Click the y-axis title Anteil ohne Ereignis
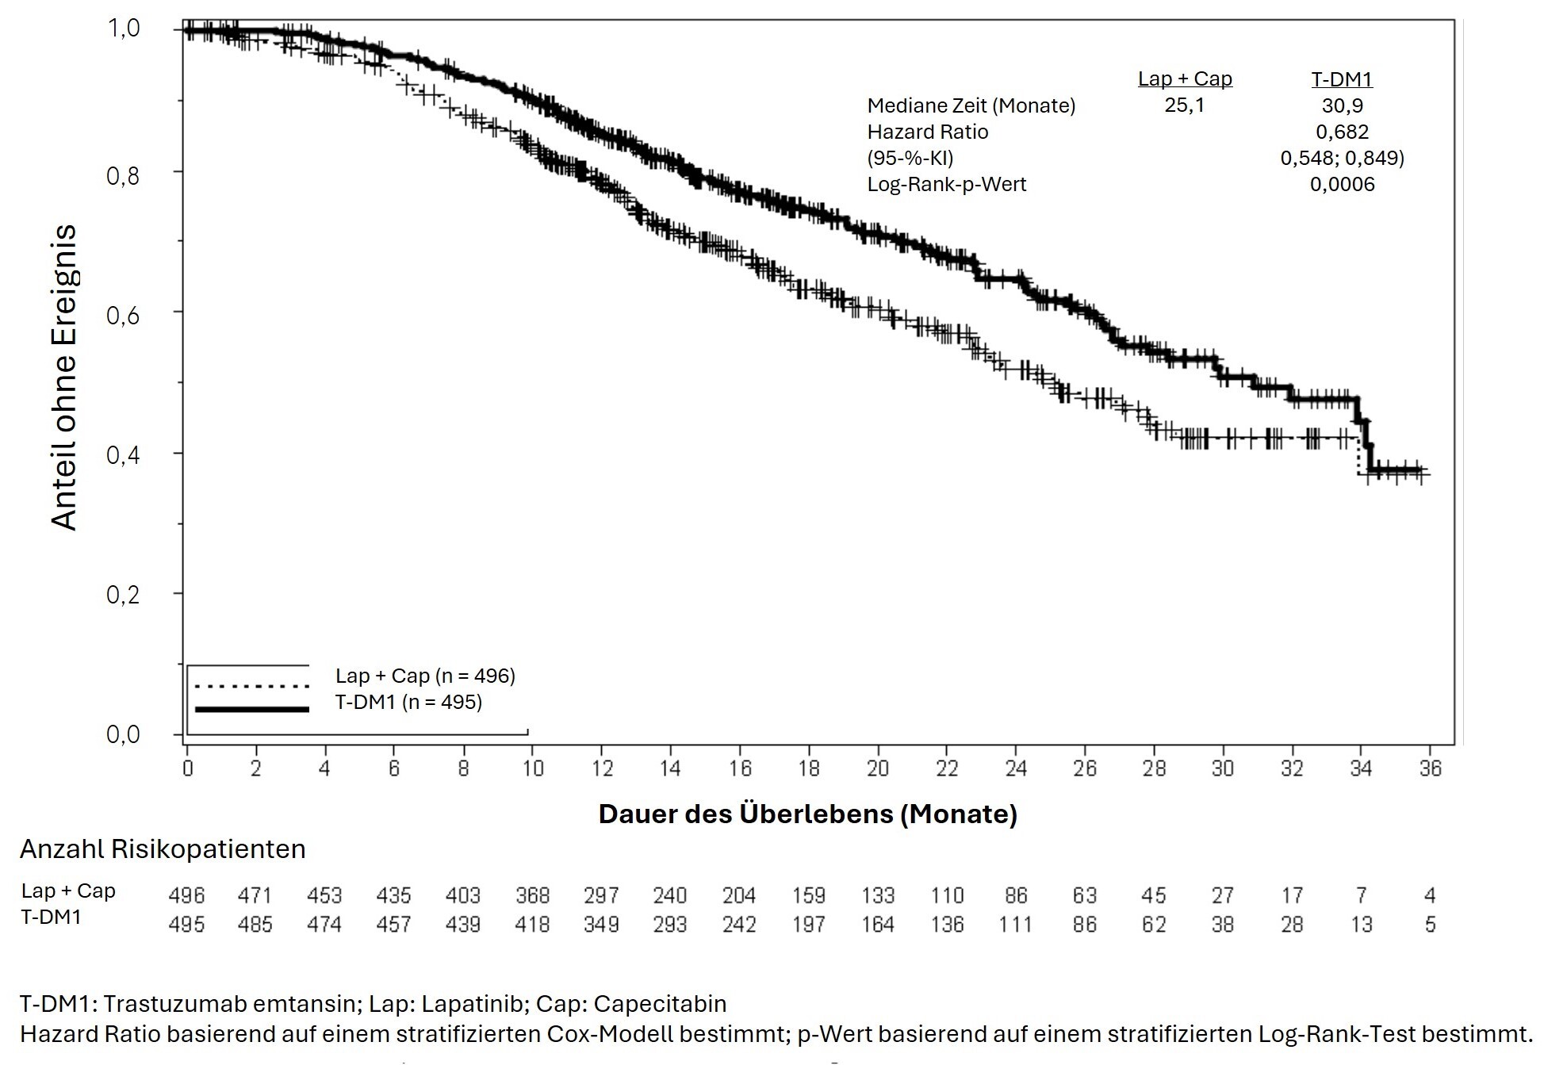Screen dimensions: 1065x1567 tap(63, 377)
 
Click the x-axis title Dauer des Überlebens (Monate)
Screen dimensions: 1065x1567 tap(807, 814)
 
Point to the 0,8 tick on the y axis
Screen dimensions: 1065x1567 tap(123, 175)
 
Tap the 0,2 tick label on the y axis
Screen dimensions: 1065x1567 tap(123, 595)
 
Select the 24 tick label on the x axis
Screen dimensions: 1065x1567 tap(1016, 768)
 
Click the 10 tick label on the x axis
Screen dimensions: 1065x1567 tap(532, 768)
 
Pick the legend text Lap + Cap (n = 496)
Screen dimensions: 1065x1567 tap(425, 676)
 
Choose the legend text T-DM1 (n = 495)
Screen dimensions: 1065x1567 tap(408, 702)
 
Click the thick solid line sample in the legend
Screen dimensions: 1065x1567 tap(251, 709)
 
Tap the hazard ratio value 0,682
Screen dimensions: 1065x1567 tap(1342, 132)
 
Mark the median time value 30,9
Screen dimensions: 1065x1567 tap(1342, 105)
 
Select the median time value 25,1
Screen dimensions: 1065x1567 tap(1184, 105)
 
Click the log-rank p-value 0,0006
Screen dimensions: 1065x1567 tap(1342, 184)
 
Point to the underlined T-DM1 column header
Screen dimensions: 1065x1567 tap(1342, 79)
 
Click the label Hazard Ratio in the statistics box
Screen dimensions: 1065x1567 tap(927, 132)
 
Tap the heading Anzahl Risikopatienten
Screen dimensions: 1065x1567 tap(163, 849)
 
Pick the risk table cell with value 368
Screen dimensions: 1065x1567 tap(532, 895)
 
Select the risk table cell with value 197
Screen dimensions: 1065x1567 tap(808, 925)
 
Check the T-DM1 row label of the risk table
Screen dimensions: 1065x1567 tap(52, 918)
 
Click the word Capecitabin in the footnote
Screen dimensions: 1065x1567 tap(660, 1004)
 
